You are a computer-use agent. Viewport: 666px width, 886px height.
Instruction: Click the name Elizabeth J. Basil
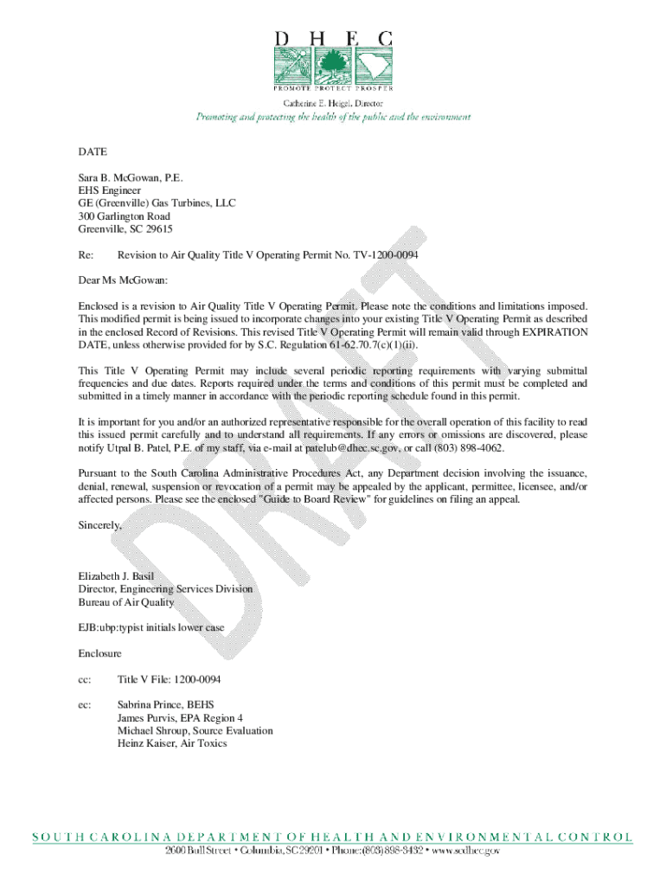(x=116, y=575)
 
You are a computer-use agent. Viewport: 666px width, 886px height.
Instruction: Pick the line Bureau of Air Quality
(x=126, y=602)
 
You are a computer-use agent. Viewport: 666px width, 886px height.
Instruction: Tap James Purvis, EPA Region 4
(x=180, y=717)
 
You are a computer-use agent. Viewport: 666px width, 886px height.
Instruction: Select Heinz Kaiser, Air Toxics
(x=172, y=743)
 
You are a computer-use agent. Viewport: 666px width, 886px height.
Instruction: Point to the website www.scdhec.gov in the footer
(x=465, y=851)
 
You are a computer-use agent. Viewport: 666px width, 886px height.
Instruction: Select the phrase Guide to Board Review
(x=309, y=500)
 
